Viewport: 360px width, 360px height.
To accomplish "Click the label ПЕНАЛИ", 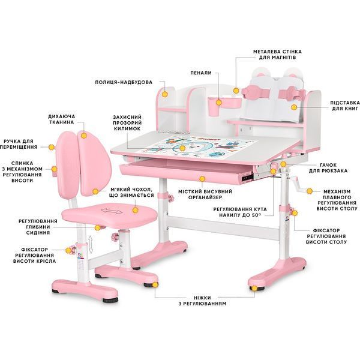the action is coord(201,73).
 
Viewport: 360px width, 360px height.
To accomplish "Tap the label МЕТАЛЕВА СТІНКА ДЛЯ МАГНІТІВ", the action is coord(277,55).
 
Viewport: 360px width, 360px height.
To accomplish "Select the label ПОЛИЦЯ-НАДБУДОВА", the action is coord(124,82).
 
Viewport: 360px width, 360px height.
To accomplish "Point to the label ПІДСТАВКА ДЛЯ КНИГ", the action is coord(345,106).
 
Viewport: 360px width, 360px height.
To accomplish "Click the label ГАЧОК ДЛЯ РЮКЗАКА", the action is coord(328,168).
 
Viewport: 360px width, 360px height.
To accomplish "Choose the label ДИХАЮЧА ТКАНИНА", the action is coord(62,119).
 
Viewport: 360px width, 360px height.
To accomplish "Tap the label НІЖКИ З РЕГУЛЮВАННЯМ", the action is coord(203,301).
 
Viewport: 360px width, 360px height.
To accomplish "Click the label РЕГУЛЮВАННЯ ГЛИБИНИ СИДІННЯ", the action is coord(38,227).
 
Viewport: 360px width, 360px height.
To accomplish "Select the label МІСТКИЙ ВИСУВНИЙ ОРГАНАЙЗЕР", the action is coord(205,194).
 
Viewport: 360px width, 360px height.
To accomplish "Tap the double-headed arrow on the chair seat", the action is coord(112,211).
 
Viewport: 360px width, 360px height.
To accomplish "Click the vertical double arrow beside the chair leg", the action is coord(91,244).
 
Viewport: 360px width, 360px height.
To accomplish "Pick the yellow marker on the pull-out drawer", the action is coord(202,179).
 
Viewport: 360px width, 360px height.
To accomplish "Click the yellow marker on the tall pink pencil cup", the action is coord(218,103).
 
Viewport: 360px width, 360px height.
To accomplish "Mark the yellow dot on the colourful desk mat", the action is coord(182,148).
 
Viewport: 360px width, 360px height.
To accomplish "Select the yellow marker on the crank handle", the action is coord(310,191).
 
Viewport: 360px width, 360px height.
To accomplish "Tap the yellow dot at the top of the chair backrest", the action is coord(84,136).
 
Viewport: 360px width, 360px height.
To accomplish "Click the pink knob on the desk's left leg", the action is coord(171,198).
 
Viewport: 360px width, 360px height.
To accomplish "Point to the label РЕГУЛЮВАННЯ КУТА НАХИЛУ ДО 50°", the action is coord(240,212).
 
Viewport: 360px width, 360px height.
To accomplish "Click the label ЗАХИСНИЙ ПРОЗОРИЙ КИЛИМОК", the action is coord(127,123).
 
